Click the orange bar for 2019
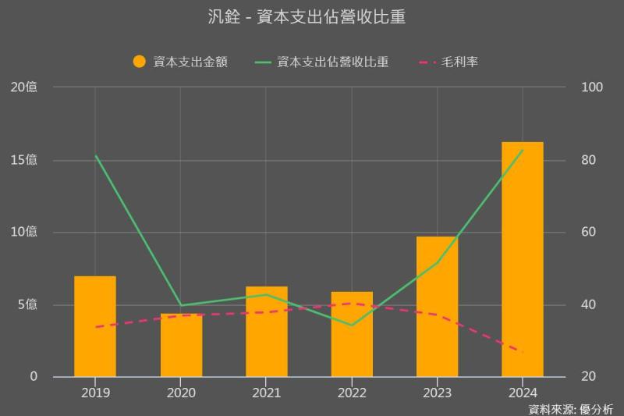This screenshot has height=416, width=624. [95, 326]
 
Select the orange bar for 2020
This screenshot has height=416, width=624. [181, 345]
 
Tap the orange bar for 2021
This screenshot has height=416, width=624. [267, 332]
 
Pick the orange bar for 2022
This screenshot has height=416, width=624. [352, 334]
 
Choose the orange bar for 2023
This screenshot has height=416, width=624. [437, 306]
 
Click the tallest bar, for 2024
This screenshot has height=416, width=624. [523, 259]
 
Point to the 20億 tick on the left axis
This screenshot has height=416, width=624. [23, 87]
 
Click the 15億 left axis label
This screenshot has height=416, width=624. [23, 160]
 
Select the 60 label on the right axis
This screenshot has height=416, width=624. [590, 232]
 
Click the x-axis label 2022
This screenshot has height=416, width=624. [352, 393]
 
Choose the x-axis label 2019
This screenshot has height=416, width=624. [95, 393]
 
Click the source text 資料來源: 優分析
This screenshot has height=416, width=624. [570, 408]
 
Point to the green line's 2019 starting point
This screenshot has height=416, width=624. [95, 156]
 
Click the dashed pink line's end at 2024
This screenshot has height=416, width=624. [522, 352]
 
